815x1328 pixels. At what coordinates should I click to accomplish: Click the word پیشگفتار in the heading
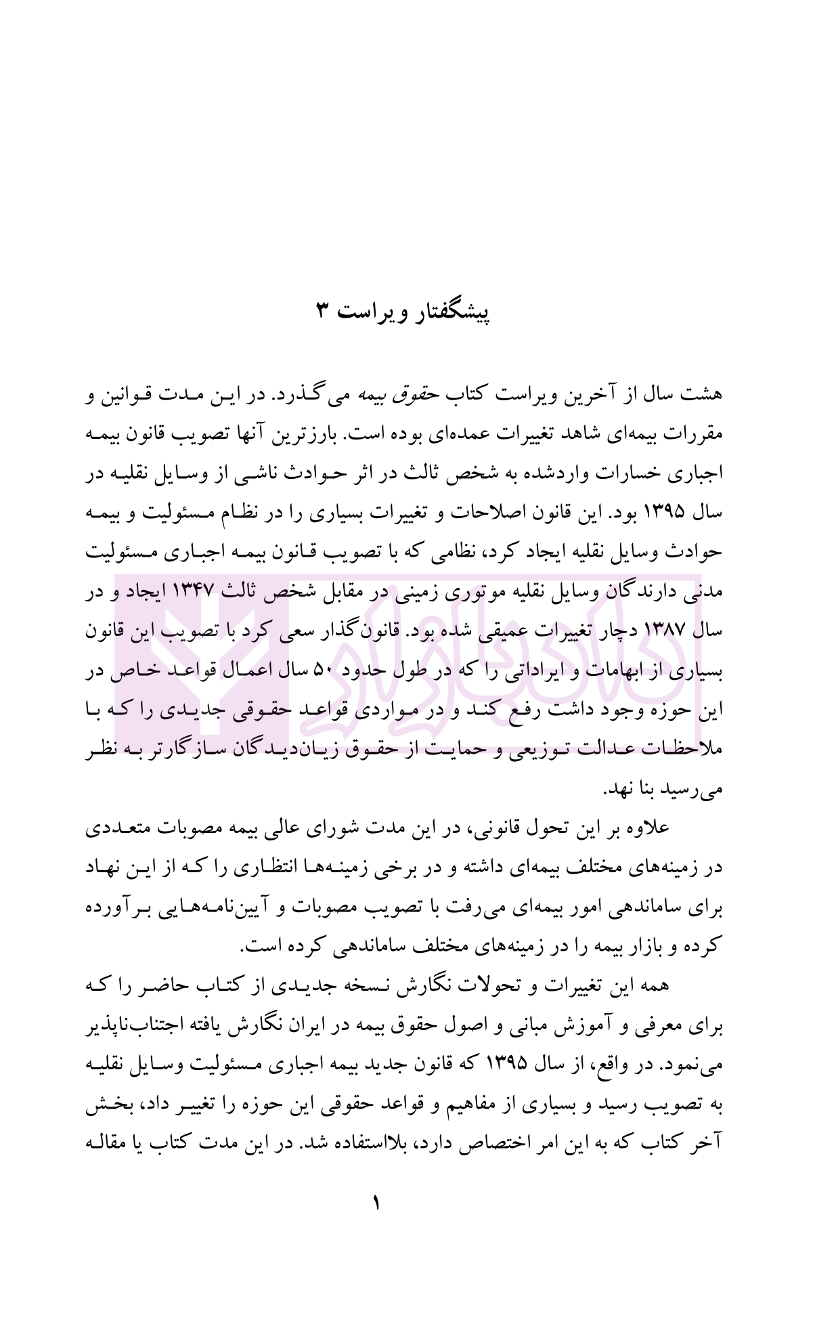tap(451, 312)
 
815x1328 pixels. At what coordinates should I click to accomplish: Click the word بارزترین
tap(377, 434)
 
